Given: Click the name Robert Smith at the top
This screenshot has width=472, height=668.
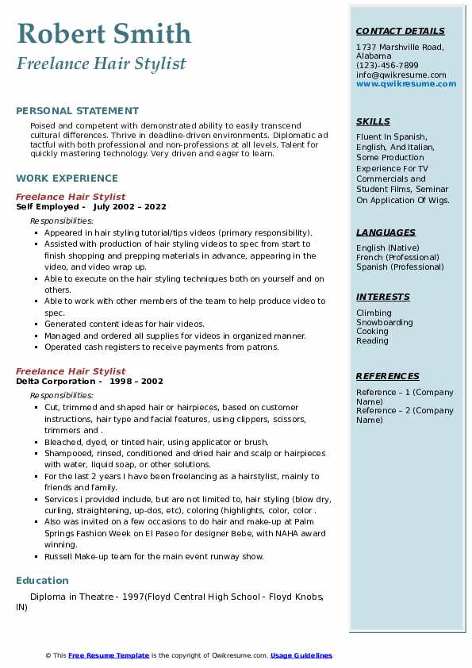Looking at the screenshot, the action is (x=104, y=33).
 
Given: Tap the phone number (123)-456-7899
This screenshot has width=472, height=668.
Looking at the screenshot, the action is (x=387, y=66).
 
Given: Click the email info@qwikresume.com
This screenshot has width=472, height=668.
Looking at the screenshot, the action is (x=401, y=75).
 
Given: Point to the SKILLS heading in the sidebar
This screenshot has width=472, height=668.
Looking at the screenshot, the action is (x=373, y=121).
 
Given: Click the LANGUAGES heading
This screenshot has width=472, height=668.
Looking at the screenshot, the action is (x=386, y=232).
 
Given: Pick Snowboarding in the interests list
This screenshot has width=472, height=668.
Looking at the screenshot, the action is (x=385, y=323).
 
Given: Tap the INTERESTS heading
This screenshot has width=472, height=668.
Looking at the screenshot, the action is (x=383, y=297).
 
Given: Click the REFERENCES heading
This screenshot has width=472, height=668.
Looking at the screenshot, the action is (x=388, y=376).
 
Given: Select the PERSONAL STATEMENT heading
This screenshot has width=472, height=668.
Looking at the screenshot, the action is (x=77, y=111).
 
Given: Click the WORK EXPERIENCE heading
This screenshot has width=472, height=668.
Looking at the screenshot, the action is (x=67, y=179).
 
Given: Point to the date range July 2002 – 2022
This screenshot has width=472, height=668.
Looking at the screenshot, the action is (x=130, y=206).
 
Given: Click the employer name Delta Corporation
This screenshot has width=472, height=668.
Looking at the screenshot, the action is (x=51, y=381).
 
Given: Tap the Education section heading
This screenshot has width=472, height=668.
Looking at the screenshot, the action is (x=42, y=580).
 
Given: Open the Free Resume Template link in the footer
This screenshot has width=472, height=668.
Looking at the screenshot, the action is (x=109, y=655).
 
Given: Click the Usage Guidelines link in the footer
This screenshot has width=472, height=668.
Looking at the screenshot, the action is (x=301, y=655).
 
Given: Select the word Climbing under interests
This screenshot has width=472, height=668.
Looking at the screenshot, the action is (x=374, y=313).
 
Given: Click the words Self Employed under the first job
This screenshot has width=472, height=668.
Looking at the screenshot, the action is (x=46, y=206).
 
